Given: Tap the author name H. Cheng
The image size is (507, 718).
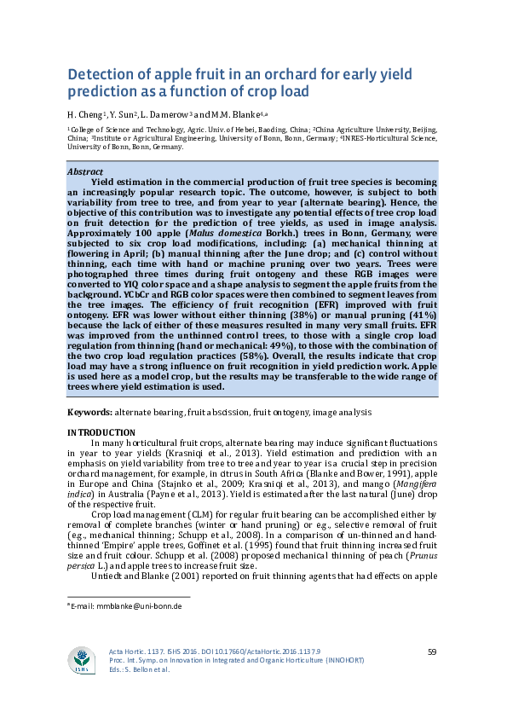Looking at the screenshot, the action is (84, 114).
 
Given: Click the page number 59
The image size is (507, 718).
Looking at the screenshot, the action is (432, 652).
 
